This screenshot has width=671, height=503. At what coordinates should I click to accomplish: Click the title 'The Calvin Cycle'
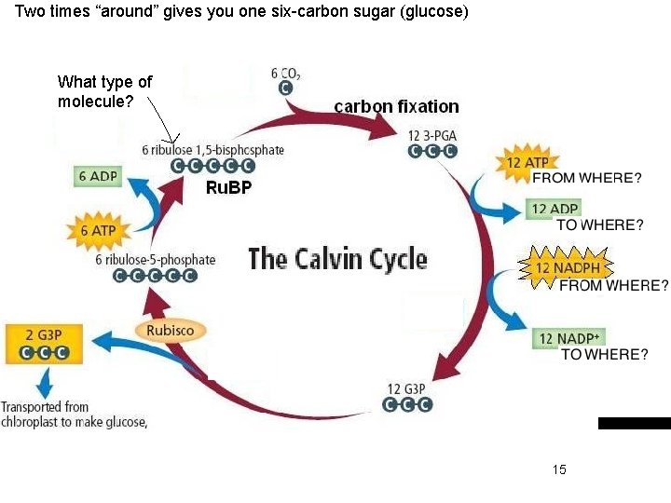click(x=337, y=258)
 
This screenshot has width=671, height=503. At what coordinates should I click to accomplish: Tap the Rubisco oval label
click(x=170, y=330)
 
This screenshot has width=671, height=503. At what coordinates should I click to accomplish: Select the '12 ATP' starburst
click(x=526, y=163)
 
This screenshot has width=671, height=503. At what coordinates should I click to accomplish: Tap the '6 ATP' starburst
click(x=97, y=230)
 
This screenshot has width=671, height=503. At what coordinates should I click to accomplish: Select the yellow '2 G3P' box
click(x=43, y=343)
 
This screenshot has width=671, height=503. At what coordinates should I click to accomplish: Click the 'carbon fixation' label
click(x=396, y=106)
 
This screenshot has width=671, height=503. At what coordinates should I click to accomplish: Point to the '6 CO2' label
click(x=285, y=72)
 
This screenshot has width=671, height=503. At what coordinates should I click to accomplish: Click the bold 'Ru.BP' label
click(x=228, y=188)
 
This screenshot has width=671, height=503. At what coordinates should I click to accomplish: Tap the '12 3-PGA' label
click(x=432, y=136)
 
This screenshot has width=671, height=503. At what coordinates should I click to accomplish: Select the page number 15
click(x=559, y=469)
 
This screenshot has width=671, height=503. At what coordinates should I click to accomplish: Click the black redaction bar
click(x=634, y=423)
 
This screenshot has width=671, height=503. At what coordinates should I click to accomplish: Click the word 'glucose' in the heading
click(x=433, y=13)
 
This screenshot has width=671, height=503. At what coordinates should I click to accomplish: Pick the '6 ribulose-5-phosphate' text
click(x=155, y=260)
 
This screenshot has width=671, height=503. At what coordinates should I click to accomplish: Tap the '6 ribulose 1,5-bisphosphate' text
click(x=213, y=149)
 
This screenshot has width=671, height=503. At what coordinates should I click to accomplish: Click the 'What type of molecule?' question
click(x=104, y=91)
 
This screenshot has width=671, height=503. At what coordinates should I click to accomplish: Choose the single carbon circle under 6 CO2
click(x=286, y=87)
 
